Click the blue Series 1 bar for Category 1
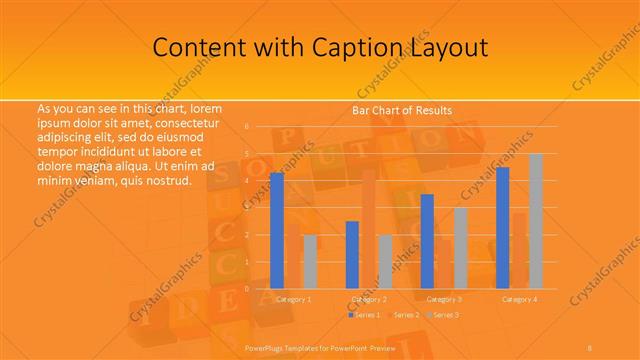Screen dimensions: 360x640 [277, 230]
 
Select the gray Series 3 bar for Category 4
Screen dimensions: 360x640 [536, 220]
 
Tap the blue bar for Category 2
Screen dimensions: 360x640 [352, 254]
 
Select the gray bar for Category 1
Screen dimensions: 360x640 [310, 261]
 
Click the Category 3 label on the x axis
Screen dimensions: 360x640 [444, 299]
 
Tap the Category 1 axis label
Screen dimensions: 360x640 [293, 299]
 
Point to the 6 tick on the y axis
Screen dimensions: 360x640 [246, 127]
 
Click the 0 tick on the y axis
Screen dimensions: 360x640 [246, 288]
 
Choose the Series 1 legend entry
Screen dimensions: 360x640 [365, 315]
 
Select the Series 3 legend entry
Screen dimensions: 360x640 [443, 315]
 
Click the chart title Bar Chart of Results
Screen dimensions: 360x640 [401, 110]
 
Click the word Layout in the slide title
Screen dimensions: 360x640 [447, 47]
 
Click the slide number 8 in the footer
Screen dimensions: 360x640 [590, 346]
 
